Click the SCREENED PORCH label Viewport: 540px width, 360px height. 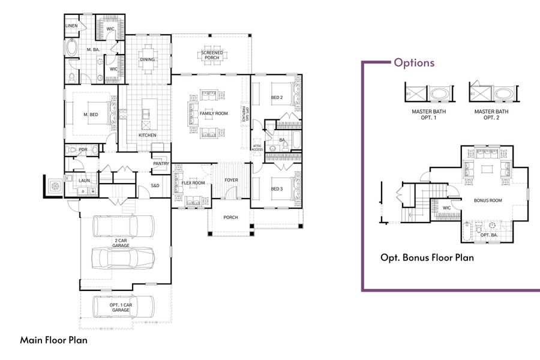point(211,56)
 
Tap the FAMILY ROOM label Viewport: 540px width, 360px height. point(214,113)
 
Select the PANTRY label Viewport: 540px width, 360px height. point(160,163)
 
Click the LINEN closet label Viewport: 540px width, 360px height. point(72,26)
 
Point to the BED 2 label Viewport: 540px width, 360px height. point(277,97)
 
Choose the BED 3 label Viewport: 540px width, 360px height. point(277,189)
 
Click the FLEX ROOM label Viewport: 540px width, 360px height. point(193,182)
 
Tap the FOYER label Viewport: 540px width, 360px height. point(231,180)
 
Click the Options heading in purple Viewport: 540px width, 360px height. point(414,62)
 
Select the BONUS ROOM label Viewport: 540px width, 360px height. point(488,200)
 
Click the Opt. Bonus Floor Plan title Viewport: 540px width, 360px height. point(427,257)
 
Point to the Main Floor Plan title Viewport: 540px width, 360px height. point(54,340)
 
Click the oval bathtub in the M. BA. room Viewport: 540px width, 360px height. point(72,48)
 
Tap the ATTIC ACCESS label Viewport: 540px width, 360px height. point(257,148)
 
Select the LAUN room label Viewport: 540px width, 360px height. point(84,180)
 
